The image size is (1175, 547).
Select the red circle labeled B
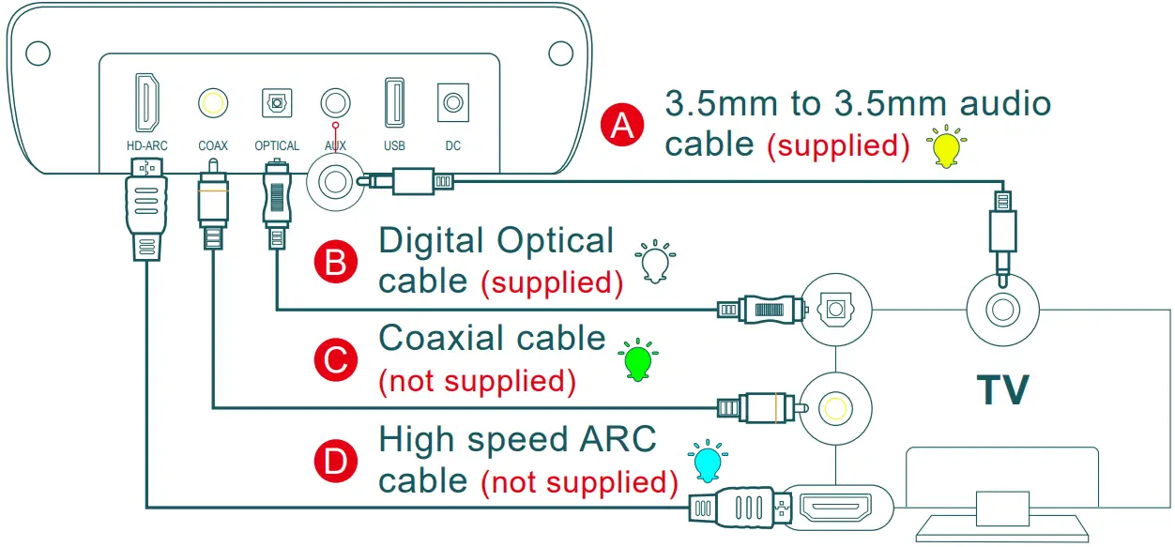pos(335,263)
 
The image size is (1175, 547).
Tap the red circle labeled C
pos(335,360)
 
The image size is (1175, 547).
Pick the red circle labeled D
pos(335,461)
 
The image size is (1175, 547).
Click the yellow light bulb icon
pos(944,147)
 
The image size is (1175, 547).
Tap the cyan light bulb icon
pos(707,461)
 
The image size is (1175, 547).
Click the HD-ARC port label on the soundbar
pos(147,146)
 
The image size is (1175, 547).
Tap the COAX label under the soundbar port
pos(213,146)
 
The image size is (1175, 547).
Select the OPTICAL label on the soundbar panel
pos(277,146)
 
